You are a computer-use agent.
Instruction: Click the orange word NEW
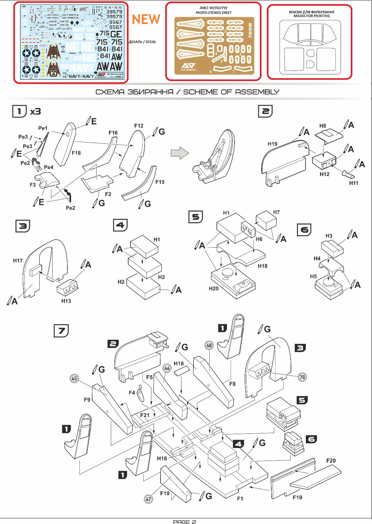point(146,20)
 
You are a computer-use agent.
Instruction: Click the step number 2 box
point(265,111)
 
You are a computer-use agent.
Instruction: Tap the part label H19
point(272,144)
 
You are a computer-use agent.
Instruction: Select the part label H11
point(353,183)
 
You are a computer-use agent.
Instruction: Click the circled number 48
point(209,345)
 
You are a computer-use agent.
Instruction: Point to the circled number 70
point(302,377)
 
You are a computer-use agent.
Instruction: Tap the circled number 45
point(74,378)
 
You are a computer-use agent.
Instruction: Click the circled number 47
point(148,499)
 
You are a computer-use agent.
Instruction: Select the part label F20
point(331,461)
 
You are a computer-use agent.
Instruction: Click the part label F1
point(240,499)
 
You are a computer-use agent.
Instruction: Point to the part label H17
point(18,261)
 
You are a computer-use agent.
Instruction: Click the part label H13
point(66,301)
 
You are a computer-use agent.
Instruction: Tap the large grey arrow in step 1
point(180,153)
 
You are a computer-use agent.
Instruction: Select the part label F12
point(139,126)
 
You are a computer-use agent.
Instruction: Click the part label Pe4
point(48,167)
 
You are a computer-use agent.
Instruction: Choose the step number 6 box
point(304,230)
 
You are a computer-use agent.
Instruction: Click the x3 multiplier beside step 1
point(35,111)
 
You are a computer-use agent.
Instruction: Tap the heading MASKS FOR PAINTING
point(312,16)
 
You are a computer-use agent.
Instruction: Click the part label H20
point(214,288)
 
